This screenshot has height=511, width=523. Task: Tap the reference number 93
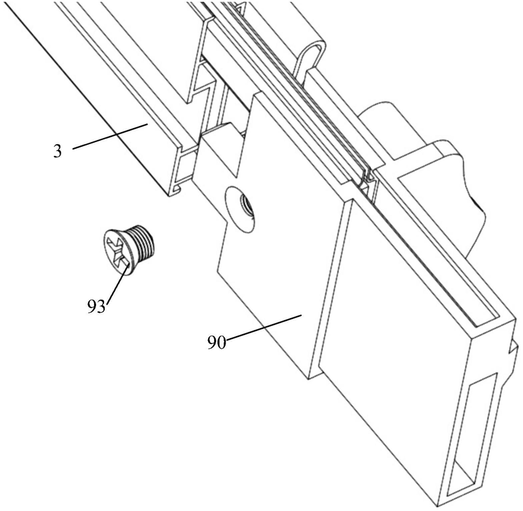[x=97, y=307]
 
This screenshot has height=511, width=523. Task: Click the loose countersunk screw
[x=129, y=247]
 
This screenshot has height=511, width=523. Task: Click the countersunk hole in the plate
[x=241, y=207]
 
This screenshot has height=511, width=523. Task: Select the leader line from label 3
[x=110, y=135]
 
